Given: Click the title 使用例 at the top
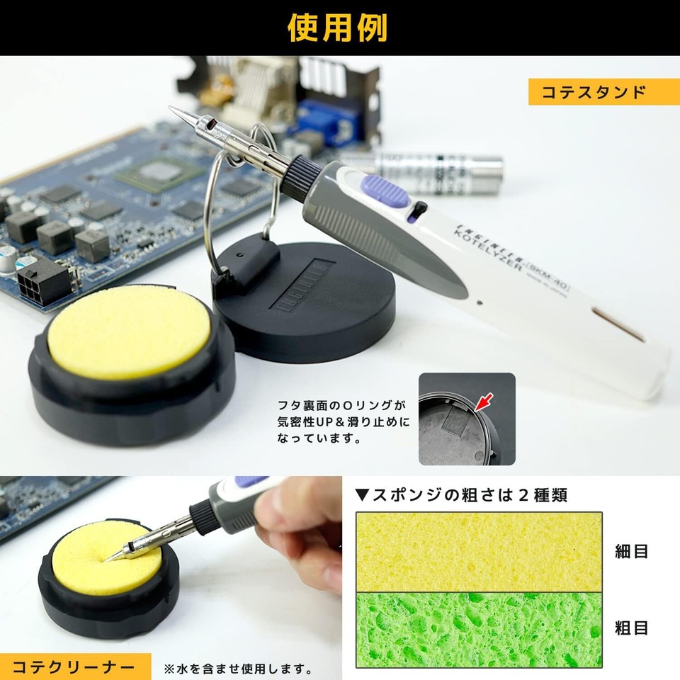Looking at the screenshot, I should (338, 28).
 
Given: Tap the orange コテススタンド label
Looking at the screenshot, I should (599, 92).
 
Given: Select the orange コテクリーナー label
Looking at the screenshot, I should (75, 667).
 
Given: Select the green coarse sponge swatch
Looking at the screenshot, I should (479, 629).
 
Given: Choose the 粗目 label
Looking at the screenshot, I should (632, 628).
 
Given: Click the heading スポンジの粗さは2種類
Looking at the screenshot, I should (461, 494).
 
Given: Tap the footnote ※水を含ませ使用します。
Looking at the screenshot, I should (238, 668).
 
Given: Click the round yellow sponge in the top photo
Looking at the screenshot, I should (129, 331).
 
